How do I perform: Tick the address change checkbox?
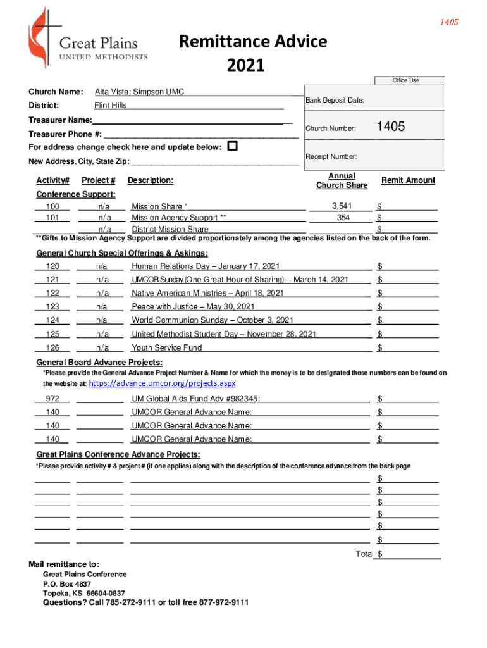tap(232, 146)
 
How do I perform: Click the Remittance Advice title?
tap(253, 42)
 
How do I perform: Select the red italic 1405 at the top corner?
tap(449, 23)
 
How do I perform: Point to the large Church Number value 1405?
tap(391, 127)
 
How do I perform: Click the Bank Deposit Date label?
tap(335, 101)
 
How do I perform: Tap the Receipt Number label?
tap(331, 156)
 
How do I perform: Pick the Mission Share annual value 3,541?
tap(342, 206)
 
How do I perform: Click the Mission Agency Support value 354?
tap(343, 218)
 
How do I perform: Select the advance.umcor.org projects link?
tap(163, 383)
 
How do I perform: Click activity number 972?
tap(52, 399)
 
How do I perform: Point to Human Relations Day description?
tap(206, 266)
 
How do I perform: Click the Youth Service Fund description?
tap(167, 347)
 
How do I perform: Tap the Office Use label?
tap(405, 80)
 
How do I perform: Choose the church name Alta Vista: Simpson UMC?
tap(139, 92)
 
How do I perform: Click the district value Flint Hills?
tap(111, 105)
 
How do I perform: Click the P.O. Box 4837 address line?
tap(67, 584)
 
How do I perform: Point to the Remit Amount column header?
tap(408, 180)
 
